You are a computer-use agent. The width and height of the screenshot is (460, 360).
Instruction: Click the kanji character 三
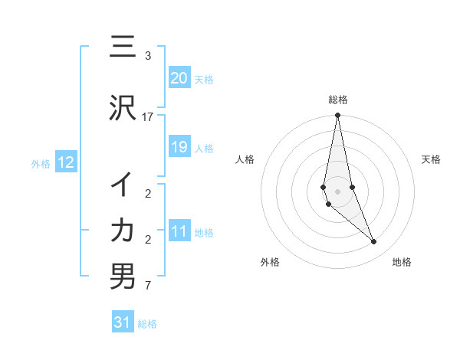[123, 48]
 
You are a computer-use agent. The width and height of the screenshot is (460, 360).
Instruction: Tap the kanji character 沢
[123, 108]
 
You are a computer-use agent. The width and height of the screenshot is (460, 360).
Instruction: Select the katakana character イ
[123, 185]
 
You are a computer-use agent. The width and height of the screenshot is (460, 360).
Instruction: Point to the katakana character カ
[123, 230]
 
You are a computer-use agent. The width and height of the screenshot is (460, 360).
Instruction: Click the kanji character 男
[123, 277]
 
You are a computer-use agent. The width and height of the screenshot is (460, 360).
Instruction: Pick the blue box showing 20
[179, 77]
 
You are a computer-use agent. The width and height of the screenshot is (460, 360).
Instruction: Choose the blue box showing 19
[179, 147]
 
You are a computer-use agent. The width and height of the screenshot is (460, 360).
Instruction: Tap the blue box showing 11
[179, 231]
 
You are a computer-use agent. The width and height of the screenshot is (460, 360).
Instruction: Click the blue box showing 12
[66, 162]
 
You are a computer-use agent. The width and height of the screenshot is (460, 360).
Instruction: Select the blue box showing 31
[123, 322]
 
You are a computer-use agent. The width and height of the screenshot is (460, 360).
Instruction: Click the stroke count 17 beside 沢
[148, 117]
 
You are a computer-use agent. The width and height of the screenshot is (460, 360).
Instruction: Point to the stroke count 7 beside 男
[148, 286]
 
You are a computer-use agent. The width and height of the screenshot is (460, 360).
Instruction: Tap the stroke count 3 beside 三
[148, 56]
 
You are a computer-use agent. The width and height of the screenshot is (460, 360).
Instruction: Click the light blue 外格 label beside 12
[41, 163]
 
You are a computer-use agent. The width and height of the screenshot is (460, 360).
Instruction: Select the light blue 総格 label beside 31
[147, 324]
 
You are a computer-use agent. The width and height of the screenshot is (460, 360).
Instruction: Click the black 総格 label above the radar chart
[338, 100]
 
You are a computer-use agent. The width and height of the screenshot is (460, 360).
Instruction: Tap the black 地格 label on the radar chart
[402, 262]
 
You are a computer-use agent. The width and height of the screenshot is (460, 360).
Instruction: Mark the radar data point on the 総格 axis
[337, 116]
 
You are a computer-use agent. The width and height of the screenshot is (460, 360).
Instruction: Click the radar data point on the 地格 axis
[374, 242]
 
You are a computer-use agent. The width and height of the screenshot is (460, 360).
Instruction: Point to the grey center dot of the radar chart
[337, 191]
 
